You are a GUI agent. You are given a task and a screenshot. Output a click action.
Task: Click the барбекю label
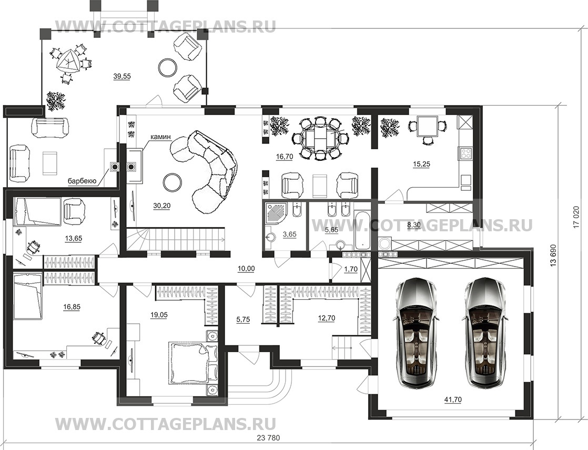pyautogui.click(x=82, y=181)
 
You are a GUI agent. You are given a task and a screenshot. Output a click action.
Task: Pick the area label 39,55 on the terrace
pyautogui.click(x=122, y=76)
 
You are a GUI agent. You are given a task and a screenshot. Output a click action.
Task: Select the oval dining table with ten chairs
pyautogui.click(x=320, y=138)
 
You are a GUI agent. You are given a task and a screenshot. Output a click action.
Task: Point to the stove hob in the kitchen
pyautogui.click(x=465, y=154)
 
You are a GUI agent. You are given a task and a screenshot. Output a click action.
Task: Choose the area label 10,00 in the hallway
pyautogui.click(x=246, y=268)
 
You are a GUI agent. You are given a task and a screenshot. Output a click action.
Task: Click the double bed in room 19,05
pyautogui.click(x=192, y=362)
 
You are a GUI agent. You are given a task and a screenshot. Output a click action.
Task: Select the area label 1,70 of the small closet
pyautogui.click(x=351, y=269)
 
